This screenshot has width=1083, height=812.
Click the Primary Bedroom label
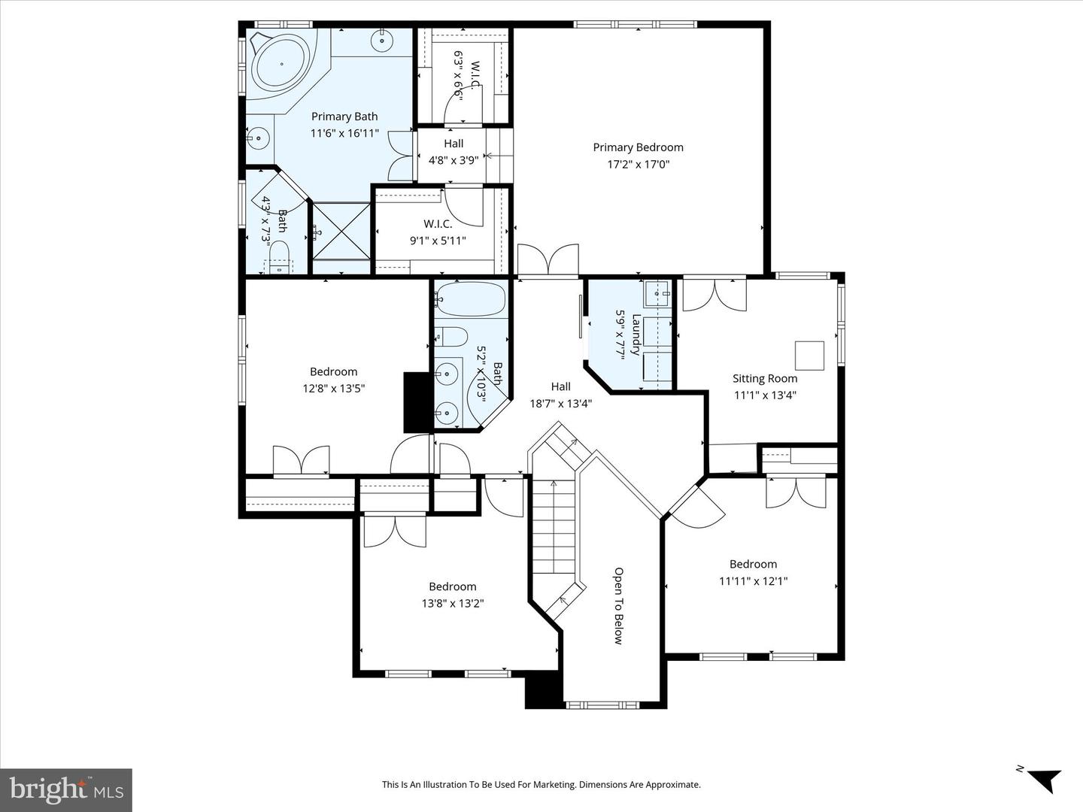pyautogui.click(x=638, y=147)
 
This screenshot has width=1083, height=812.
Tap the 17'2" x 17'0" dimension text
pyautogui.click(x=638, y=164)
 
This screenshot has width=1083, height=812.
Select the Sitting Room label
pyautogui.click(x=765, y=378)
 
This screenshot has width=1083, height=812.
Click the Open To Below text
pyautogui.click(x=618, y=606)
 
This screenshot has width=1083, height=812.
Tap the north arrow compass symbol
pyautogui.click(x=1042, y=779)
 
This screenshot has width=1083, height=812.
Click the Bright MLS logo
pyautogui.click(x=66, y=789)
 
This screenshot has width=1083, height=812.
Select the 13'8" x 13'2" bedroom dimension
pyautogui.click(x=452, y=603)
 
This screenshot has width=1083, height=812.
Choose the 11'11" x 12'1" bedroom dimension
pyautogui.click(x=753, y=580)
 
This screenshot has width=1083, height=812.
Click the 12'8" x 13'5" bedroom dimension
pyautogui.click(x=333, y=388)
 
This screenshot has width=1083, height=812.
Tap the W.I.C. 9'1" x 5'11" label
pyautogui.click(x=438, y=232)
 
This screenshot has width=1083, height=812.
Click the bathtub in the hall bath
pyautogui.click(x=470, y=300)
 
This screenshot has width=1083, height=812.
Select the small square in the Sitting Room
pyautogui.click(x=809, y=355)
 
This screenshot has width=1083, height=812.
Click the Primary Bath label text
pyautogui.click(x=344, y=117)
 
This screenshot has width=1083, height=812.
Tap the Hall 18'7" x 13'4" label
pyautogui.click(x=560, y=395)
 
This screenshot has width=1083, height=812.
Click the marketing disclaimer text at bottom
pyautogui.click(x=541, y=785)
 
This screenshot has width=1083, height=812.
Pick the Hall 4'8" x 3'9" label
pyautogui.click(x=454, y=152)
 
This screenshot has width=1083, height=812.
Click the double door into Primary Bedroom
pyautogui.click(x=548, y=260)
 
